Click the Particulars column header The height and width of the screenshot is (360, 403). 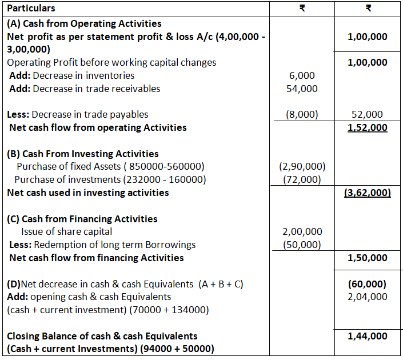pyautogui.click(x=31, y=9)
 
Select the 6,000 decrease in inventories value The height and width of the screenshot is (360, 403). pyautogui.click(x=302, y=75)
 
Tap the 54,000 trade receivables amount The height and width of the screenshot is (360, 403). pyautogui.click(x=302, y=89)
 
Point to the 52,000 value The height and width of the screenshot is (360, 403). pyautogui.click(x=368, y=114)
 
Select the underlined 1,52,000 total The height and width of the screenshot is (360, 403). pyautogui.click(x=368, y=127)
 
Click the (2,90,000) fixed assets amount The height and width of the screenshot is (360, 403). pyautogui.click(x=302, y=167)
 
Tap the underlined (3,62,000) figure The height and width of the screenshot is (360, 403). pyautogui.click(x=368, y=193)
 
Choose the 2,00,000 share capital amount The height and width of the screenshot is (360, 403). pyautogui.click(x=302, y=231)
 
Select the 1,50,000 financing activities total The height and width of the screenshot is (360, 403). pyautogui.click(x=368, y=258)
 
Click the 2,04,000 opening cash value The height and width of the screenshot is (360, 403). pyautogui.click(x=368, y=297)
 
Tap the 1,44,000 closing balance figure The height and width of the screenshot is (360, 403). pyautogui.click(x=368, y=336)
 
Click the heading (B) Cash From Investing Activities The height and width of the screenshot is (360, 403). pyautogui.click(x=83, y=154)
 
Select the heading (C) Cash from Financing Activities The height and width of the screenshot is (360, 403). pyautogui.click(x=82, y=219)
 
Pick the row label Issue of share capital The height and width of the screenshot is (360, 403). pyautogui.click(x=66, y=231)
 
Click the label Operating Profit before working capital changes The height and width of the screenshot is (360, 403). pyautogui.click(x=111, y=62)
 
